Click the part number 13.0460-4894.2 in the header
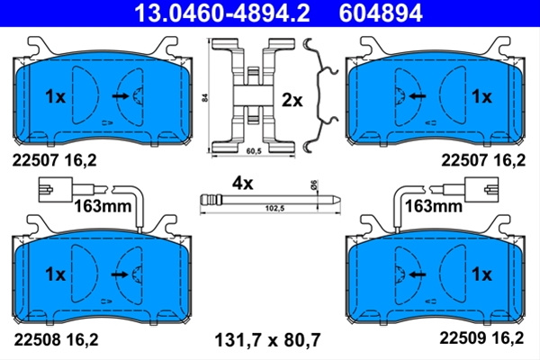point(222,13)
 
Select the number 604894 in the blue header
point(381,13)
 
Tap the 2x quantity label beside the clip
point(292,100)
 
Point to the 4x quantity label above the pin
point(242,184)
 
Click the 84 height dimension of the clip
point(206,97)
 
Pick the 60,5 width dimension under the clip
point(254,151)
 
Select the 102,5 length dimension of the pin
point(274,208)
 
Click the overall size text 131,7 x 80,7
point(267,340)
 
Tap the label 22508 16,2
point(56,339)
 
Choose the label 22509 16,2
point(481,337)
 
